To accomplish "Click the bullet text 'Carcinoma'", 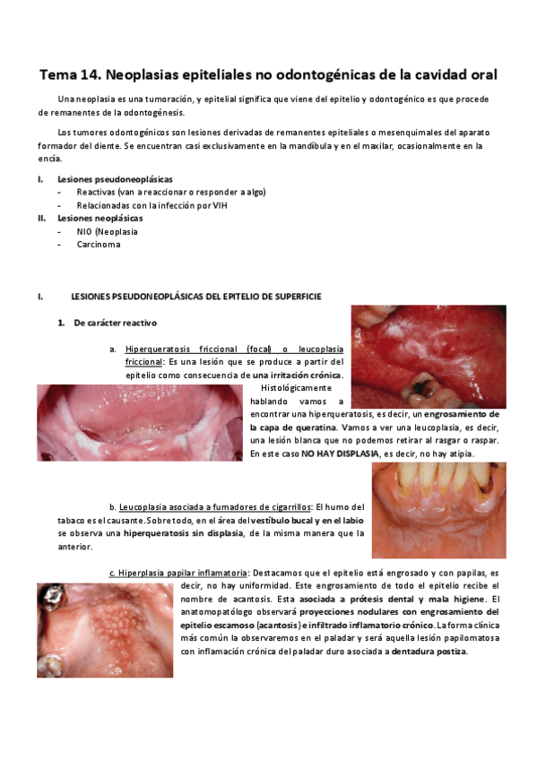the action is [x=99, y=244].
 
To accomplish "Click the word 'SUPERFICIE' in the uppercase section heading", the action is [x=293, y=297].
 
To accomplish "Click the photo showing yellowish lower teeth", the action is [x=438, y=510].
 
